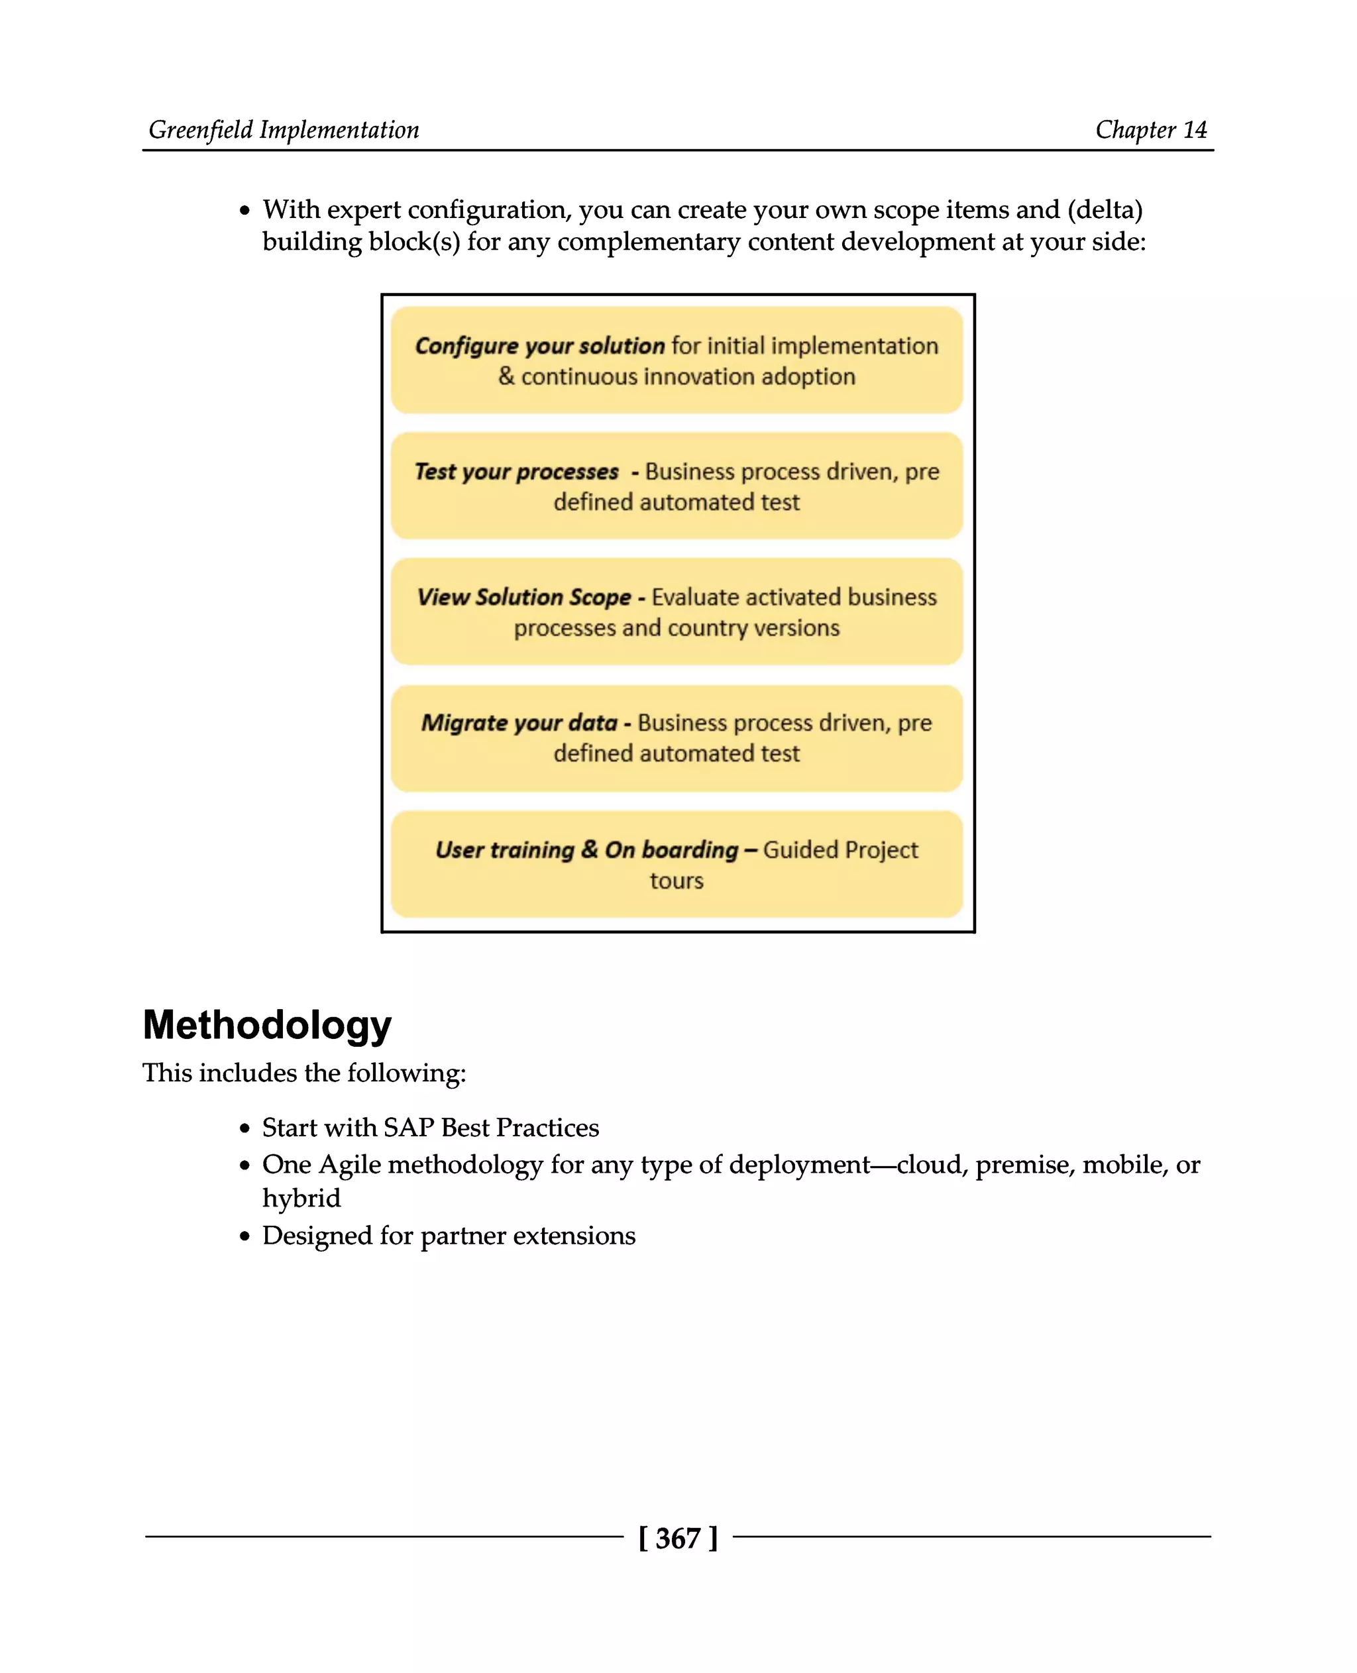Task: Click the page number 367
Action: click(x=678, y=1538)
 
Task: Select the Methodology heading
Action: click(x=266, y=1025)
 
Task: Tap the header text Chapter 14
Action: click(x=1151, y=130)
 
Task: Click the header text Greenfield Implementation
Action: click(x=284, y=130)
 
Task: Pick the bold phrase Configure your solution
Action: click(x=539, y=346)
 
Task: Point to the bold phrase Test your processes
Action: click(x=516, y=471)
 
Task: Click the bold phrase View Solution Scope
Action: click(x=523, y=597)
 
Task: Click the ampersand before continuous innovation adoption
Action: click(x=506, y=377)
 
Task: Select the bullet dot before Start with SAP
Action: click(x=244, y=1129)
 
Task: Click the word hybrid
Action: click(x=301, y=1199)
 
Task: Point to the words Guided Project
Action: click(x=840, y=850)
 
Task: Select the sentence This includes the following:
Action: click(x=304, y=1073)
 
